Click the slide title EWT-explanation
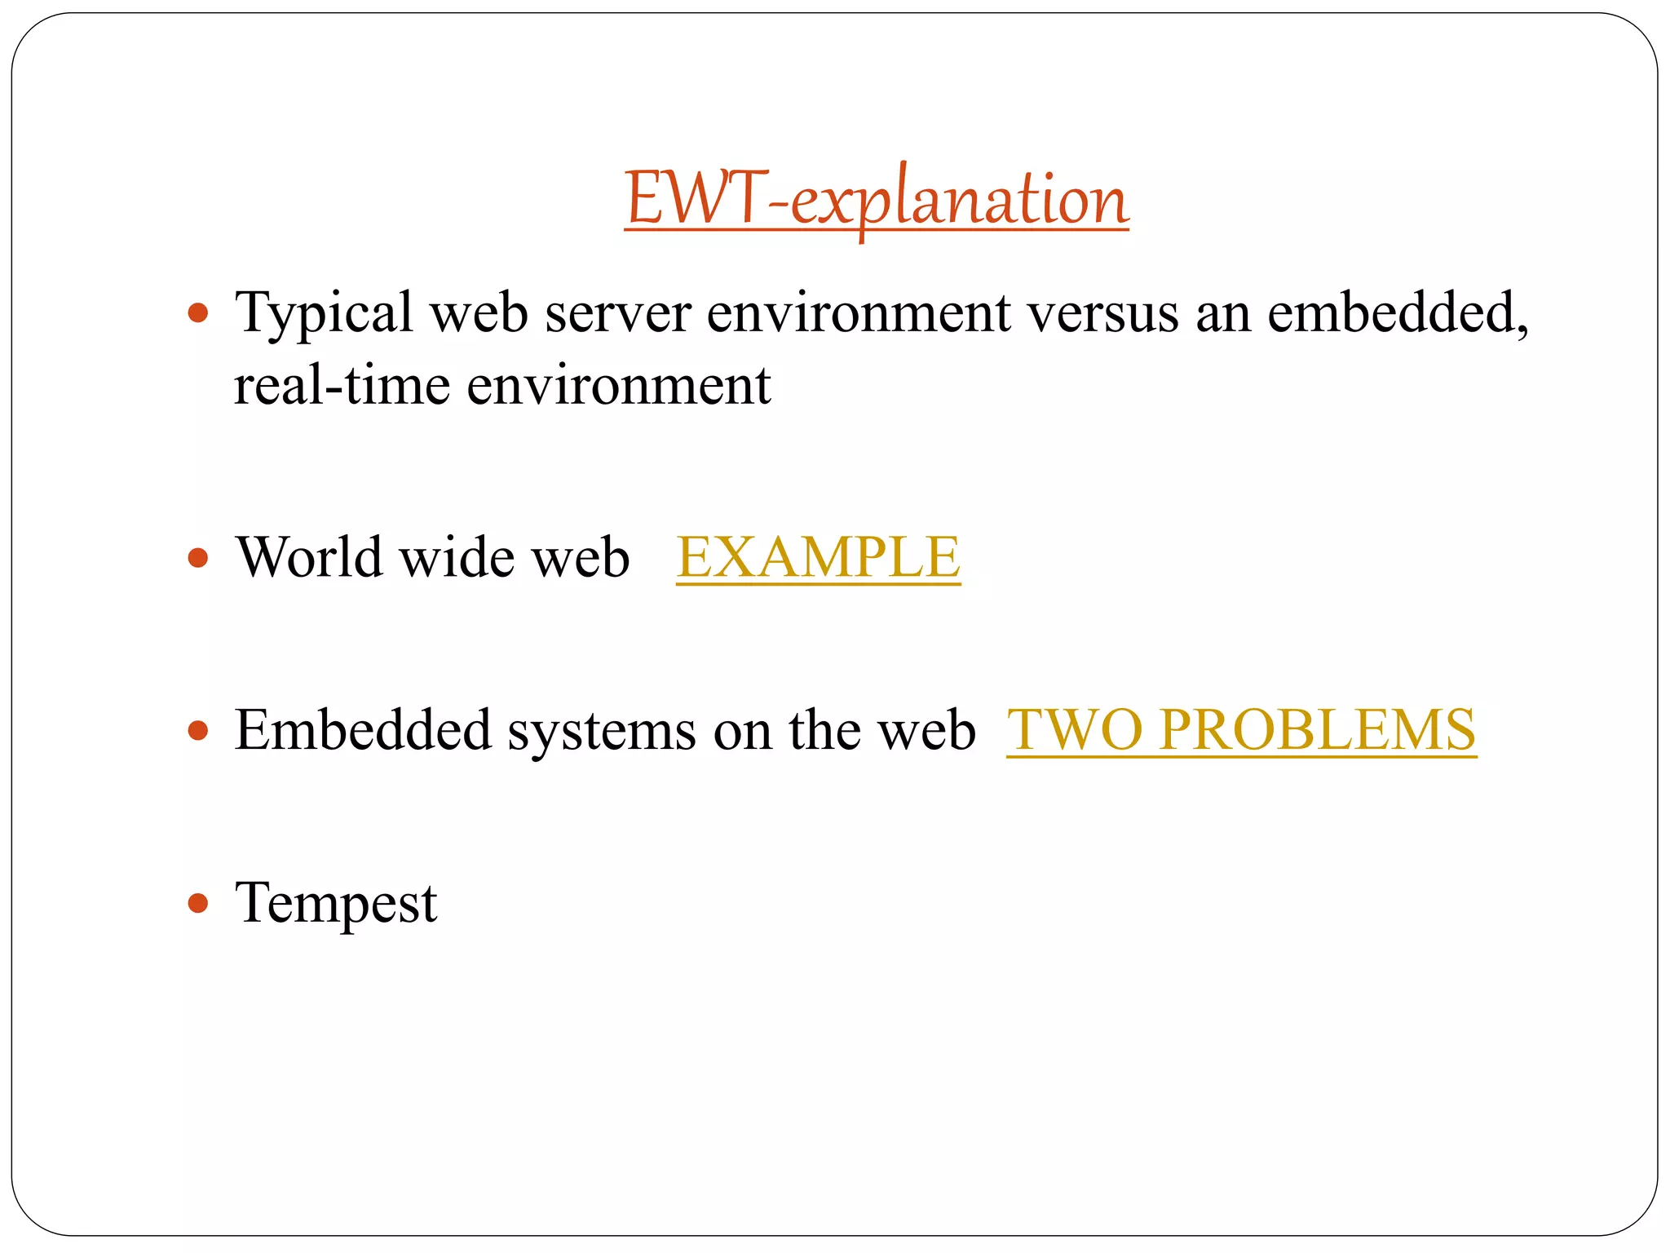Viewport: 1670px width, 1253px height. [877, 199]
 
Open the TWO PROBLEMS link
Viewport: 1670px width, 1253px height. [1241, 729]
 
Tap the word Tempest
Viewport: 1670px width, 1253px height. [336, 903]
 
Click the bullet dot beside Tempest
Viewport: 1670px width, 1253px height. [198, 903]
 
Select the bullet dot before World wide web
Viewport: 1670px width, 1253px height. [198, 558]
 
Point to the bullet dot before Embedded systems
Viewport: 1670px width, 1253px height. [198, 730]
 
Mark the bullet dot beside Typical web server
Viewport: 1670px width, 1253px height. [198, 312]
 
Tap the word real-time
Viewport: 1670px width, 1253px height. [342, 385]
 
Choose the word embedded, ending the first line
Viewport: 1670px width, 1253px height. [1398, 312]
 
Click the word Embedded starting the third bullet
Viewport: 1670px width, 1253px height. [363, 729]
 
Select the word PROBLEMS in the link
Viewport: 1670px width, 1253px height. [1318, 729]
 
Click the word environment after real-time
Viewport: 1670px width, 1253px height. [618, 385]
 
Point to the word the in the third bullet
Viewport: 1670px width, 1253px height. [824, 729]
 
